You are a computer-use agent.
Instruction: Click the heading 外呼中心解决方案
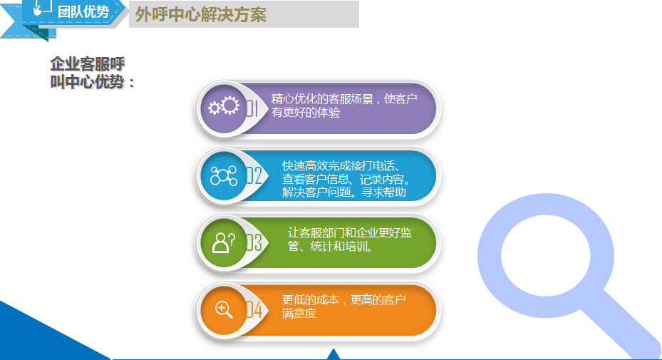coord(200,15)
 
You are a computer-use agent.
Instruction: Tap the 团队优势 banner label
coord(83,12)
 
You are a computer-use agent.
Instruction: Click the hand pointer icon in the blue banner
coord(41,8)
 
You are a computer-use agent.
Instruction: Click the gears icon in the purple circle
coord(224,106)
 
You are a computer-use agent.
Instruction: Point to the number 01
coord(252,108)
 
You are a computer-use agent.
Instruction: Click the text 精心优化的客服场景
coord(322,99)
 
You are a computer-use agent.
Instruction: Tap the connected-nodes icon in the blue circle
coord(224,175)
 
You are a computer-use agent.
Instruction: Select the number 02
coord(254,176)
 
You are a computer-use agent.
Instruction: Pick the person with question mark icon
coord(224,242)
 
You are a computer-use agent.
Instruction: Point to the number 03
coord(254,243)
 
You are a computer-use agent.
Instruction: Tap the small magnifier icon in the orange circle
coord(224,309)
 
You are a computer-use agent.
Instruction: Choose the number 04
coord(254,310)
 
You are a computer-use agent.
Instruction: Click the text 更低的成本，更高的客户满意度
coord(343,307)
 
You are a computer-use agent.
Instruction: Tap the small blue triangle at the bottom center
coord(333,355)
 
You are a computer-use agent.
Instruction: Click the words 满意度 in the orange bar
coord(299,313)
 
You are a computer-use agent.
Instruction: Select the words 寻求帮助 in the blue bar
coord(383,192)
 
